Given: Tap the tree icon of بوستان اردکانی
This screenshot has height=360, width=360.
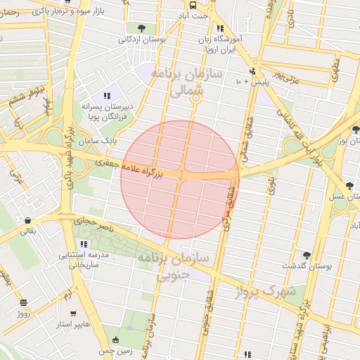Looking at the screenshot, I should click(x=143, y=28).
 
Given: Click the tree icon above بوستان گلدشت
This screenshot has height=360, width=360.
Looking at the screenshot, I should click(x=306, y=255).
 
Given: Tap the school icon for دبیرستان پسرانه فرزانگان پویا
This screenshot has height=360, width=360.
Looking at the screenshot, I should click(x=107, y=96).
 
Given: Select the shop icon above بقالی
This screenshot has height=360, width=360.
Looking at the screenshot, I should click(x=27, y=219).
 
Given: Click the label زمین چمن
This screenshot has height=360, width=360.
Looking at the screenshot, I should click(x=115, y=350).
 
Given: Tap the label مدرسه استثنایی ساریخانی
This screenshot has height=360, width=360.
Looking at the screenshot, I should click(x=84, y=259).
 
